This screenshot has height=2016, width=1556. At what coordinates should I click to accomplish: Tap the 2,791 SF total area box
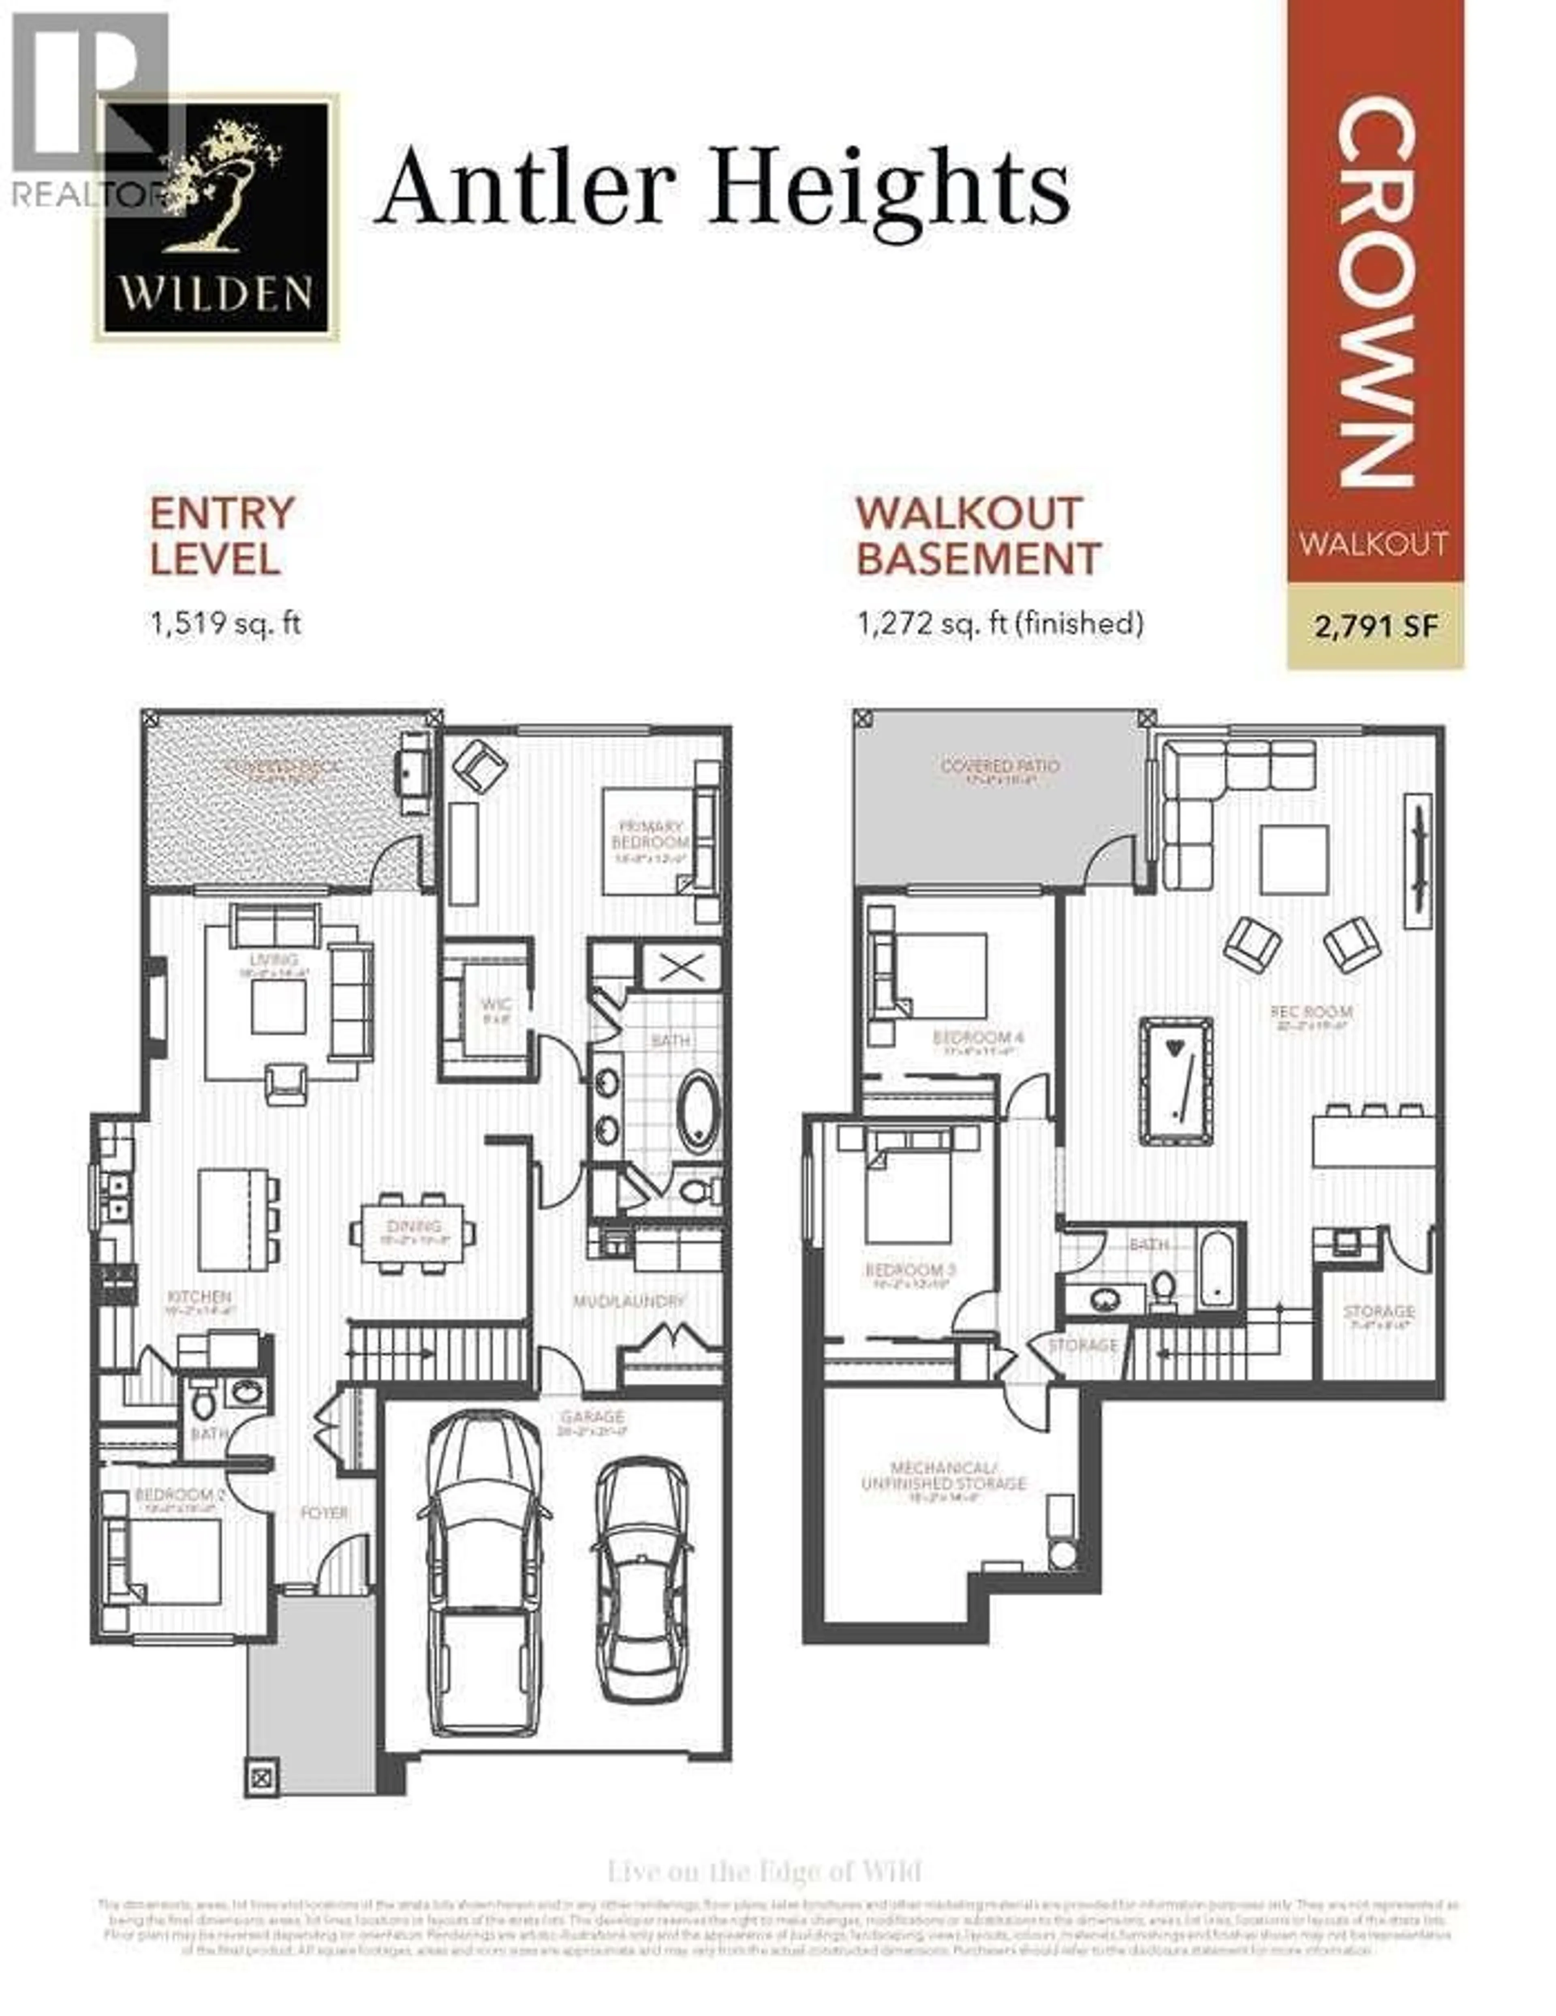tap(1375, 627)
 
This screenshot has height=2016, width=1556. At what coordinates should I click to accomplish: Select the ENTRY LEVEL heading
tap(222, 536)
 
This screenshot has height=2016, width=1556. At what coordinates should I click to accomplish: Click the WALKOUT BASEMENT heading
tap(978, 536)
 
